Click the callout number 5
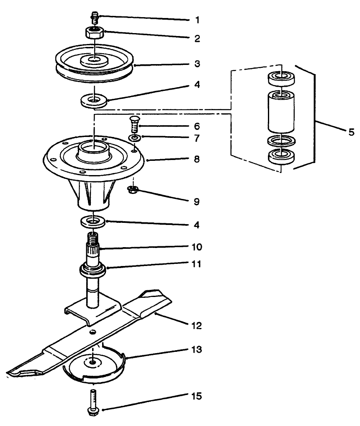coord(350,132)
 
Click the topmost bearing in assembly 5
coord(280,78)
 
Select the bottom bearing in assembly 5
coord(280,158)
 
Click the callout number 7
coord(197,137)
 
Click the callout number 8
coord(197,160)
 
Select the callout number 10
coord(197,247)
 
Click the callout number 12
coord(197,325)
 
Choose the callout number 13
coord(197,349)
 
